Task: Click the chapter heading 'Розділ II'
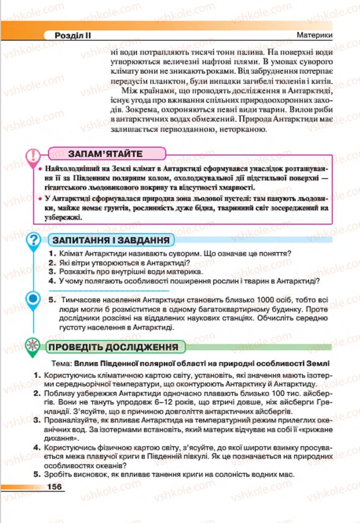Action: pyautogui.click(x=76, y=36)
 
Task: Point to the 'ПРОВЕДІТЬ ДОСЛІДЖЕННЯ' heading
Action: pyautogui.click(x=113, y=347)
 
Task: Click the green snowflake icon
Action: pyautogui.click(x=34, y=346)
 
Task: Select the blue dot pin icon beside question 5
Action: pyautogui.click(x=34, y=299)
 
